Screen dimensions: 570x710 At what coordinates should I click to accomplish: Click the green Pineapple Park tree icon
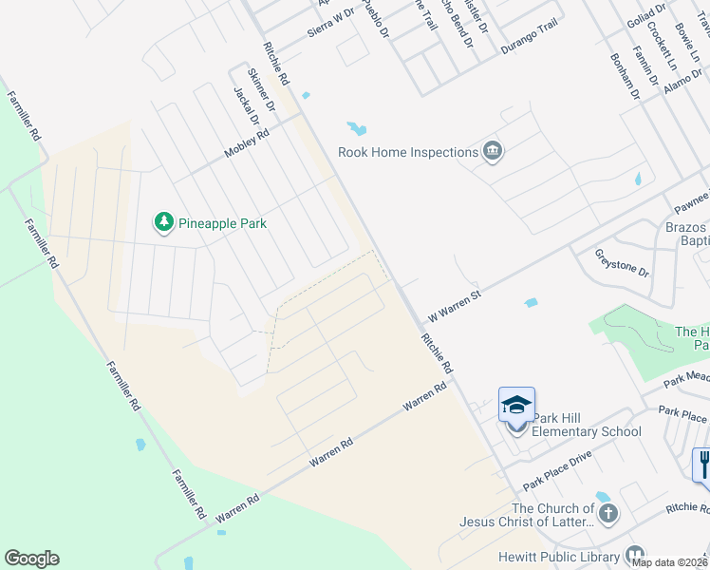164,223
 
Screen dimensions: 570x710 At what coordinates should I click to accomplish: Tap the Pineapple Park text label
222,224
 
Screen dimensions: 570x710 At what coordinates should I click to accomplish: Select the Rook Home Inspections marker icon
492,151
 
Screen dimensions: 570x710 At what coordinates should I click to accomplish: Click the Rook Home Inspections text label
408,152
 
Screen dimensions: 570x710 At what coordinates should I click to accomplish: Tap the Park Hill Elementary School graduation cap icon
517,406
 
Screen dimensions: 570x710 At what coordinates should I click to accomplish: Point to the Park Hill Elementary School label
586,426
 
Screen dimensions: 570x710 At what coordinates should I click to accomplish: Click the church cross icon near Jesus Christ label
607,514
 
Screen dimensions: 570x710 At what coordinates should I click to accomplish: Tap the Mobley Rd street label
247,144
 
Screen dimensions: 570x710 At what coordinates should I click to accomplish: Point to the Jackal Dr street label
246,106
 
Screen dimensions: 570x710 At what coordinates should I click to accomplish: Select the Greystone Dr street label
622,263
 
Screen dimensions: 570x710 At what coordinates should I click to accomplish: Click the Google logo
31,559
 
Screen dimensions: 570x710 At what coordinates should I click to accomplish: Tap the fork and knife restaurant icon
702,465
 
